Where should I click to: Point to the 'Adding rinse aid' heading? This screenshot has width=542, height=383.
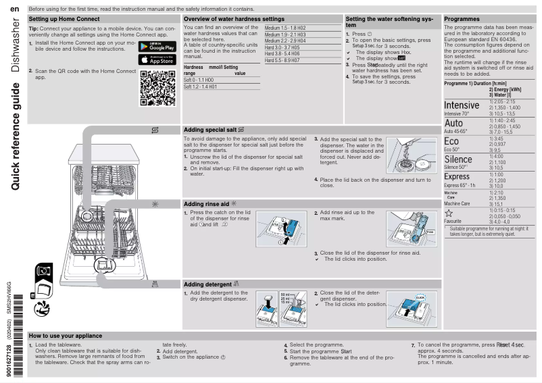tap(211, 203)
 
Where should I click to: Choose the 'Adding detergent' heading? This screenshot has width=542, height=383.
tap(212, 284)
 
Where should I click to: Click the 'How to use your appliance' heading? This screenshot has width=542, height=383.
tap(66, 336)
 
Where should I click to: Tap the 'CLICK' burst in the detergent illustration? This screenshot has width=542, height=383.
tap(420, 297)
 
